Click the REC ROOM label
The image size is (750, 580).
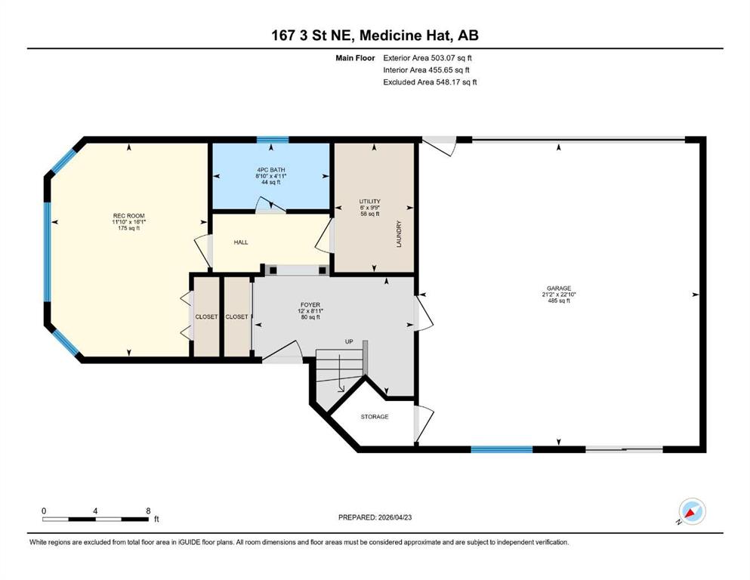click(x=128, y=216)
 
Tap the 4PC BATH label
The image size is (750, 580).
click(x=270, y=170)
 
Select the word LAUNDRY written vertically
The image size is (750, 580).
click(x=399, y=234)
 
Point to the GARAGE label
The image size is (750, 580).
click(x=559, y=288)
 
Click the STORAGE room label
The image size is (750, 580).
click(x=375, y=416)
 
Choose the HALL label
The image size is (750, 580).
click(x=241, y=242)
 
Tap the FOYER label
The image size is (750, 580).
click(x=310, y=304)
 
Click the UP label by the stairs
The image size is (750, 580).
click(x=349, y=341)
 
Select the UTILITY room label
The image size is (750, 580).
click(x=370, y=202)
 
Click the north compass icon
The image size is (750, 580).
click(x=692, y=511)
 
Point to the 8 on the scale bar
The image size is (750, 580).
click(x=148, y=511)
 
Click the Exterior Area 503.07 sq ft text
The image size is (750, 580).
click(x=427, y=58)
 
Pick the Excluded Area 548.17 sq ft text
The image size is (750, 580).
click(x=430, y=82)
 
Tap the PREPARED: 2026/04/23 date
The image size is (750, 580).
click(x=375, y=517)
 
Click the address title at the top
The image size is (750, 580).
click(x=375, y=35)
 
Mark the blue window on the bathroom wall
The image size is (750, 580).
click(x=273, y=140)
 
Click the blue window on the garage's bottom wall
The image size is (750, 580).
click(x=502, y=449)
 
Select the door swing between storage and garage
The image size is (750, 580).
click(x=423, y=424)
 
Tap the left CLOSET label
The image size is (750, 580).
click(x=207, y=316)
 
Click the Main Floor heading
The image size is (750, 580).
click(x=356, y=58)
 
